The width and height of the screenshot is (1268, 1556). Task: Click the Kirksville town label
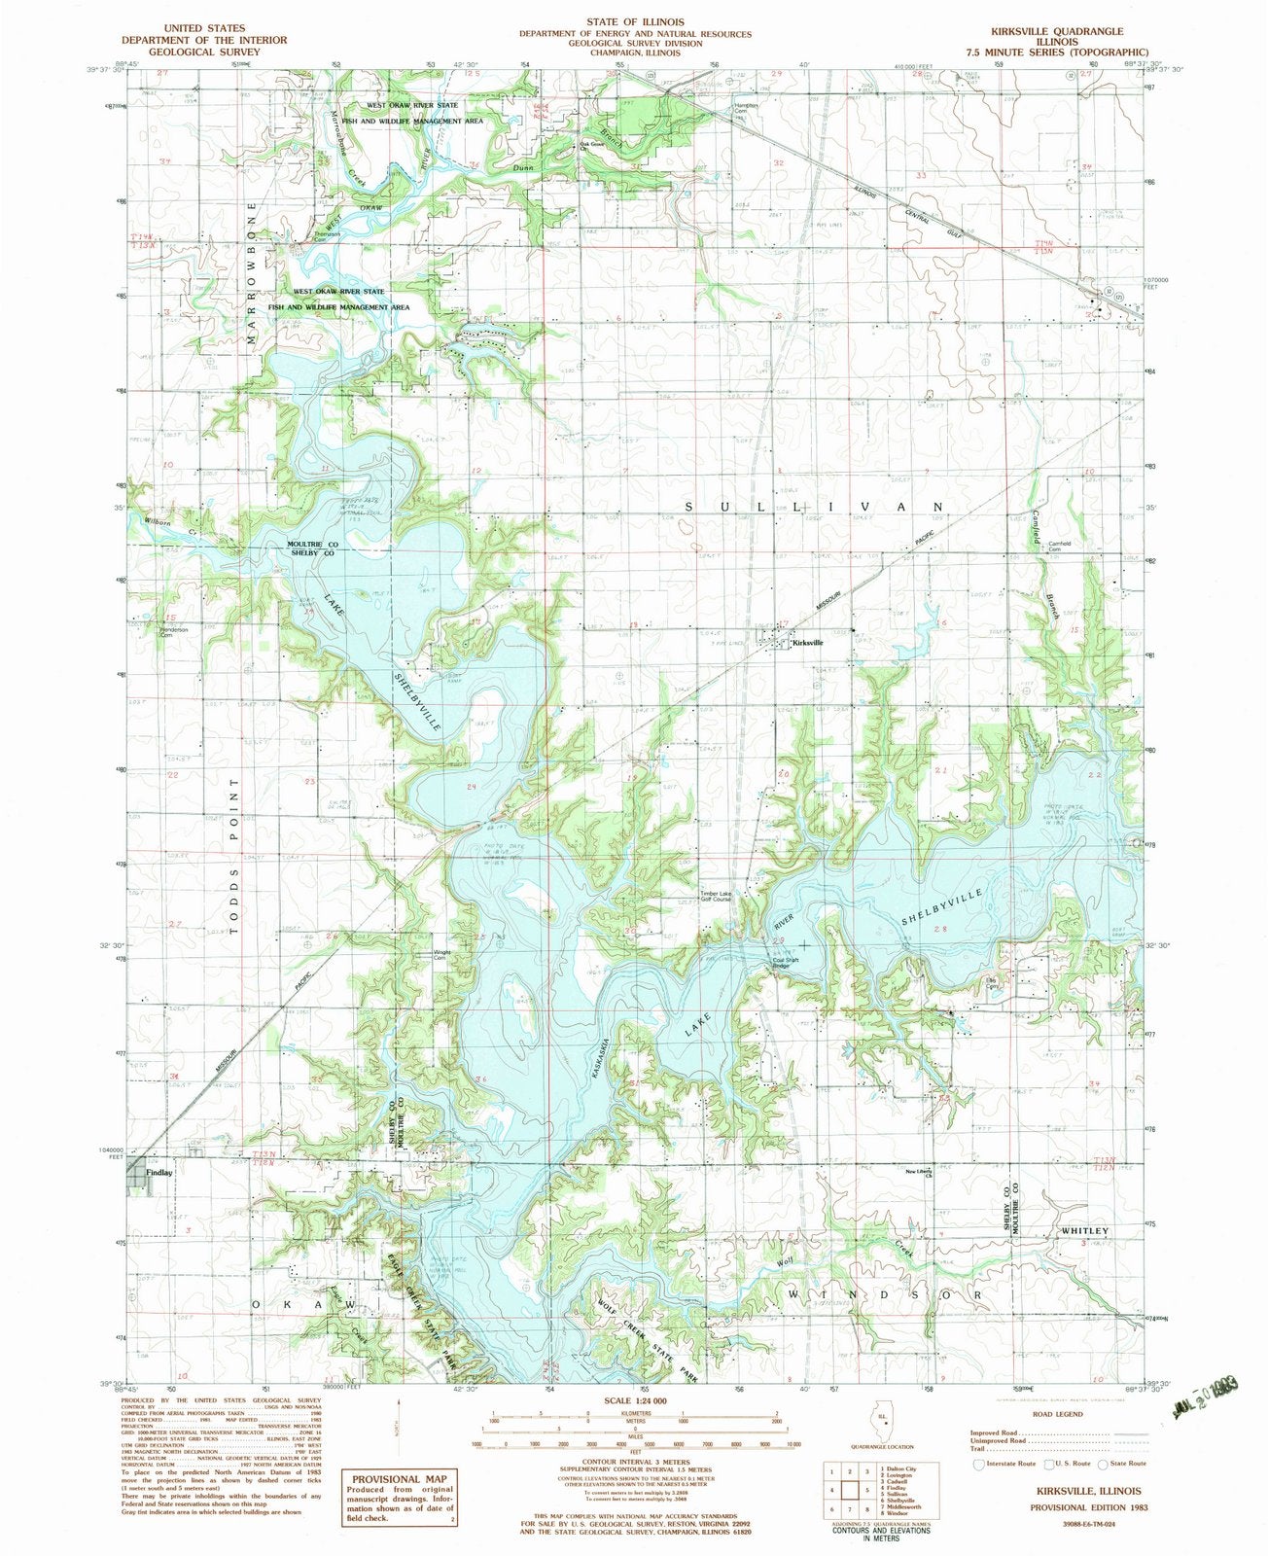pyautogui.click(x=808, y=643)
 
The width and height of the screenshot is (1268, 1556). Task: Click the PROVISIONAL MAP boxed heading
pyautogui.click(x=399, y=1449)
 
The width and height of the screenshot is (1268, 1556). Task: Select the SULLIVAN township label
pyautogui.click(x=815, y=507)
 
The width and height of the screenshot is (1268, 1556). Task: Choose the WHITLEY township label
pyautogui.click(x=1082, y=1231)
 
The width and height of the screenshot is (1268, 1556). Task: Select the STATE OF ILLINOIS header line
pyautogui.click(x=634, y=21)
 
